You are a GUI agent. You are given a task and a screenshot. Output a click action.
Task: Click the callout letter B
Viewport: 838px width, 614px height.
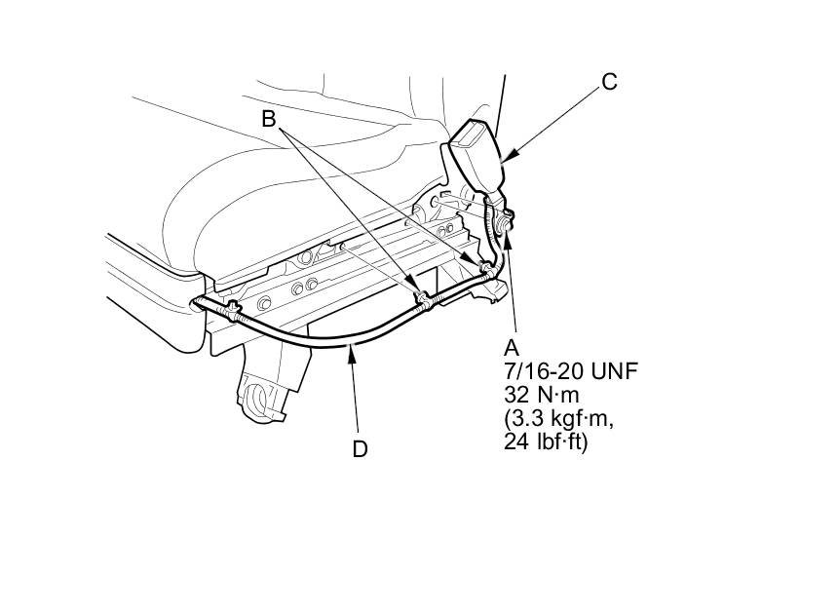point(268,118)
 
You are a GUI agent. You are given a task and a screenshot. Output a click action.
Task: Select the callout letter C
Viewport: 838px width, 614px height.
point(609,82)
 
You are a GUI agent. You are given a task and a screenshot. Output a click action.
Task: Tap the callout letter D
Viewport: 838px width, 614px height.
point(360,449)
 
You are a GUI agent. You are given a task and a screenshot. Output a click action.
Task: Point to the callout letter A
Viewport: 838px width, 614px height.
point(512,347)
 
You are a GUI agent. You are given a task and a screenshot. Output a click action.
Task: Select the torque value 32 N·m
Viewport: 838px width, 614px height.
point(542,395)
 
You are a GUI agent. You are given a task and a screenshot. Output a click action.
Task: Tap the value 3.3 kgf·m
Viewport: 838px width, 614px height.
point(559,419)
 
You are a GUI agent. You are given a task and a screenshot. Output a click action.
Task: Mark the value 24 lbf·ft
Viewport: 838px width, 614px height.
point(546,443)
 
